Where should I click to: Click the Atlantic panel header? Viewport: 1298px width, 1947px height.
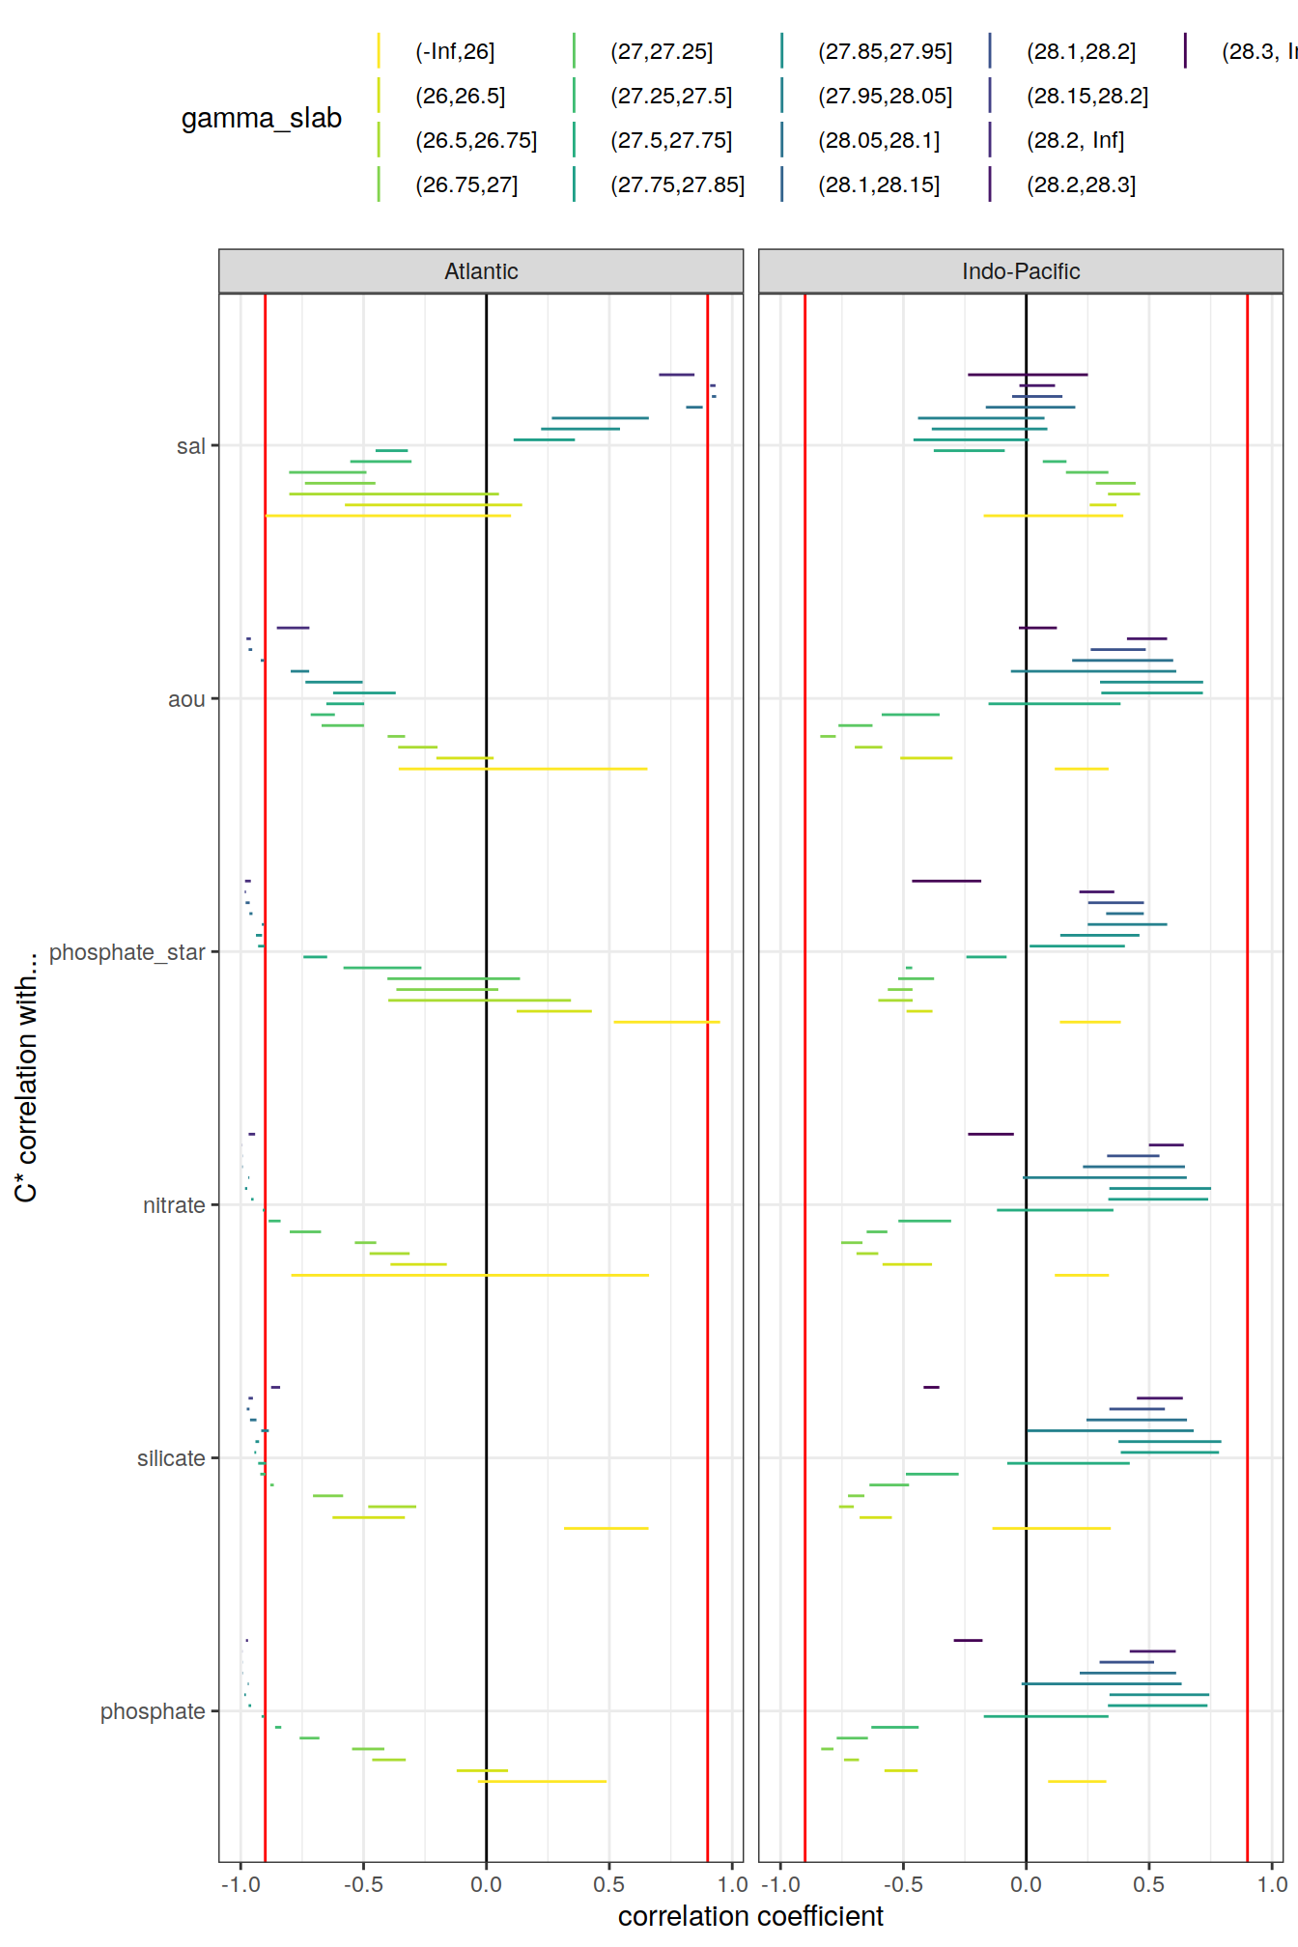(x=481, y=271)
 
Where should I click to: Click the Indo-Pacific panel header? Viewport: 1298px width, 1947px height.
(x=1020, y=271)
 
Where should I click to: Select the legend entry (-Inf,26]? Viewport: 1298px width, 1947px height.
(x=454, y=52)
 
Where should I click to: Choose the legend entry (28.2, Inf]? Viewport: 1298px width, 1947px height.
(x=1074, y=141)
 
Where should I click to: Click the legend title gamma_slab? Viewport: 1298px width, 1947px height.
(x=262, y=118)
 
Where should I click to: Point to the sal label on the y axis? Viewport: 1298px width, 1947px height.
(x=190, y=446)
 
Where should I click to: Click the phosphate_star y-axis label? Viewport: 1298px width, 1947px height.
(x=127, y=952)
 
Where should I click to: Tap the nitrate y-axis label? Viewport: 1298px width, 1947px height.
(x=174, y=1205)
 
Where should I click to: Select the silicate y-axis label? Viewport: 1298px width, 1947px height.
(x=171, y=1458)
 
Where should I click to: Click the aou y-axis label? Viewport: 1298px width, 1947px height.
(x=186, y=699)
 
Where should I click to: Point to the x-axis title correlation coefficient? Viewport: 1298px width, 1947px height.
(x=750, y=1916)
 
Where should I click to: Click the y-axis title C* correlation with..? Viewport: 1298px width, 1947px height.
(x=26, y=1077)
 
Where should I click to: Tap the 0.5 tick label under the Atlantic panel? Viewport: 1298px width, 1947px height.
(x=608, y=1884)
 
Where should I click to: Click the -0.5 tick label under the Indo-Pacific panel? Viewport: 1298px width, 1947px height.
(x=903, y=1884)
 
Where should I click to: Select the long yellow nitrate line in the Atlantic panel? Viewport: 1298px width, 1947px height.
(x=469, y=1275)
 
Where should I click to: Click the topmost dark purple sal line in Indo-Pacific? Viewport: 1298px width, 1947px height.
(x=1027, y=374)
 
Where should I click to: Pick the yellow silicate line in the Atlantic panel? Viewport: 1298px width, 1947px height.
(x=606, y=1528)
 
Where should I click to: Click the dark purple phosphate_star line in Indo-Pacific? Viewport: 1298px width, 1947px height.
(x=945, y=881)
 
